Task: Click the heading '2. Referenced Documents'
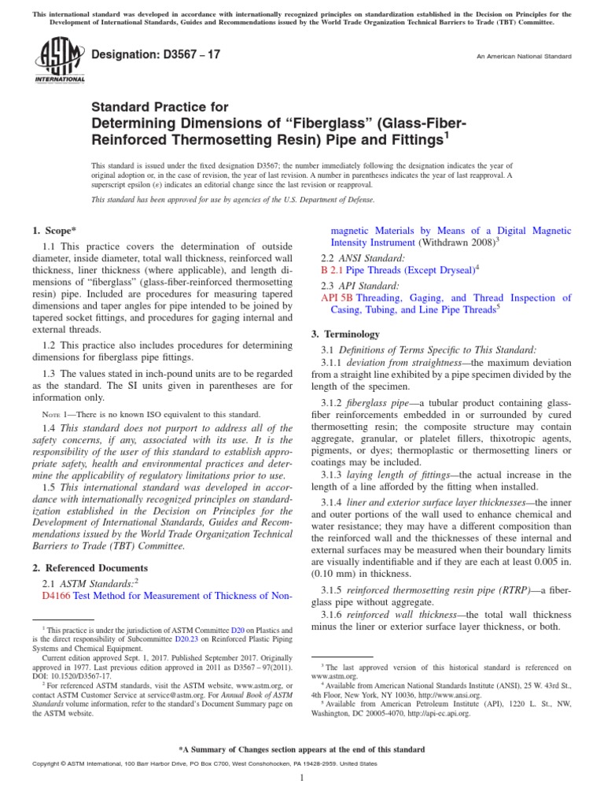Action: pos(89,568)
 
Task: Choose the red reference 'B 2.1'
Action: pos(333,269)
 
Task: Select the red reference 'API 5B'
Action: pos(337,298)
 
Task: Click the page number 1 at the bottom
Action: pos(302,778)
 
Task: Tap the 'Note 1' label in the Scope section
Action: pos(57,414)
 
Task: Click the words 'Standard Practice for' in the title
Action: pos(160,107)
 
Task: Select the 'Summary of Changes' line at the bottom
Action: pos(302,750)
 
